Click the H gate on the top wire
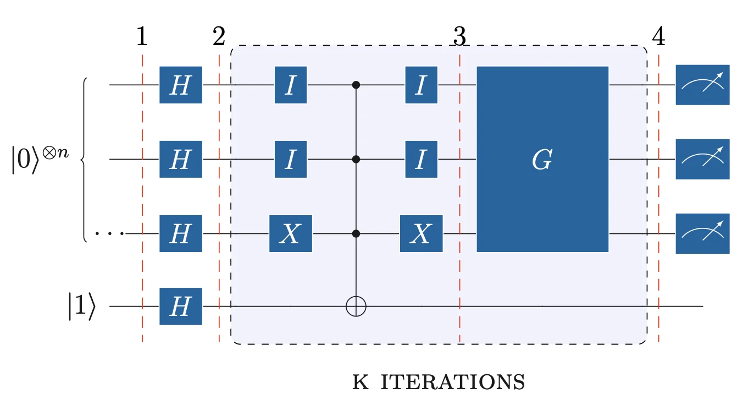click(181, 85)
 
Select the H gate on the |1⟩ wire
click(181, 305)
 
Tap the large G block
click(542, 159)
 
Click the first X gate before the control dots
click(290, 233)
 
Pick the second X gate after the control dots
click(421, 233)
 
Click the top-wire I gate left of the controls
click(290, 85)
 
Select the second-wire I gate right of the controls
click(421, 159)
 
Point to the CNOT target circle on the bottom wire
click(356, 306)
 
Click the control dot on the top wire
click(356, 85)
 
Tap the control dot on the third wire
click(356, 233)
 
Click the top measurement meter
click(702, 85)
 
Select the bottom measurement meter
click(702, 233)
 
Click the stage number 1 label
click(142, 37)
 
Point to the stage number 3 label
click(459, 37)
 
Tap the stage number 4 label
click(658, 37)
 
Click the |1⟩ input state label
click(81, 307)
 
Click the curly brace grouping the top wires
click(84, 160)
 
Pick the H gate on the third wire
click(181, 233)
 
